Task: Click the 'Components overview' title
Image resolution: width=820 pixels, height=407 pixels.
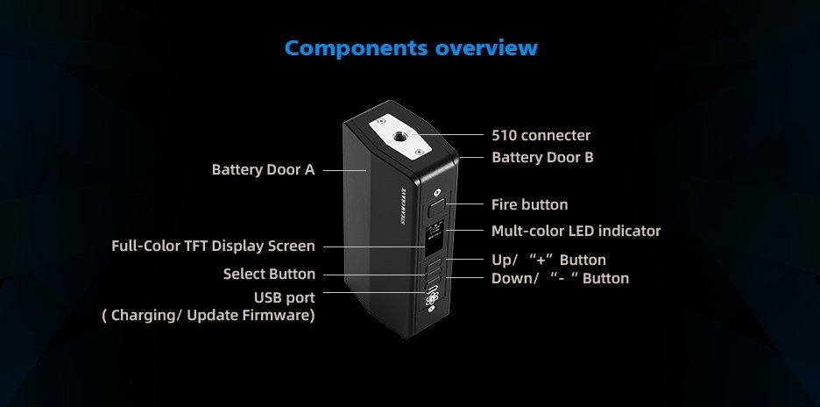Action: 411,47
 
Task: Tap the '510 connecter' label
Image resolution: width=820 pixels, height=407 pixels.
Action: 541,135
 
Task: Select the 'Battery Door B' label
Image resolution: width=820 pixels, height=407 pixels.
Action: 542,157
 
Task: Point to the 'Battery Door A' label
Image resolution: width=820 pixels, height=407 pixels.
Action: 263,169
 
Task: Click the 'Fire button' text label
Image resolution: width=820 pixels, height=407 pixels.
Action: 529,204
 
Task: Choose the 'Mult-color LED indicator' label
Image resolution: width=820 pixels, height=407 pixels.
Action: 576,231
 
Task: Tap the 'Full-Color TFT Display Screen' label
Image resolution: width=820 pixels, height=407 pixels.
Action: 213,246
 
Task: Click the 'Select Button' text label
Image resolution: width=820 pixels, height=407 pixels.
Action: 269,274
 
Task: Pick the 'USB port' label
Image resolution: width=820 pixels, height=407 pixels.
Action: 284,297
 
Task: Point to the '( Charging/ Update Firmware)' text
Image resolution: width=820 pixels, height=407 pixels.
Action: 209,315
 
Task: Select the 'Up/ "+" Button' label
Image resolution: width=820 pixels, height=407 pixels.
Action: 548,260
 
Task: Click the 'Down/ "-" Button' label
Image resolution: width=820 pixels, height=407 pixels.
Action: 560,278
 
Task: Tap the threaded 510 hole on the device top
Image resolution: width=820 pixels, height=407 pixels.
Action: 399,137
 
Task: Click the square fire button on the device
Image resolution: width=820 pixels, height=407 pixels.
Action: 435,208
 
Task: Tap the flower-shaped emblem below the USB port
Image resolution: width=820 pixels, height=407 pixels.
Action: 431,299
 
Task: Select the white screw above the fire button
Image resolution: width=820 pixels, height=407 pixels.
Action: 437,192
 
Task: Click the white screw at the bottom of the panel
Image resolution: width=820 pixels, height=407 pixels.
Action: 430,310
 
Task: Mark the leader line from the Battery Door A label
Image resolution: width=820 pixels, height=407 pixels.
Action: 344,170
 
